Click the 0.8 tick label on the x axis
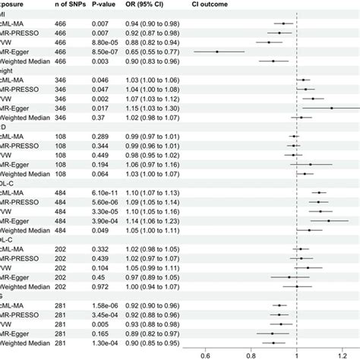click(x=251, y=353)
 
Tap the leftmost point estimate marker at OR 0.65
click(x=216, y=52)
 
